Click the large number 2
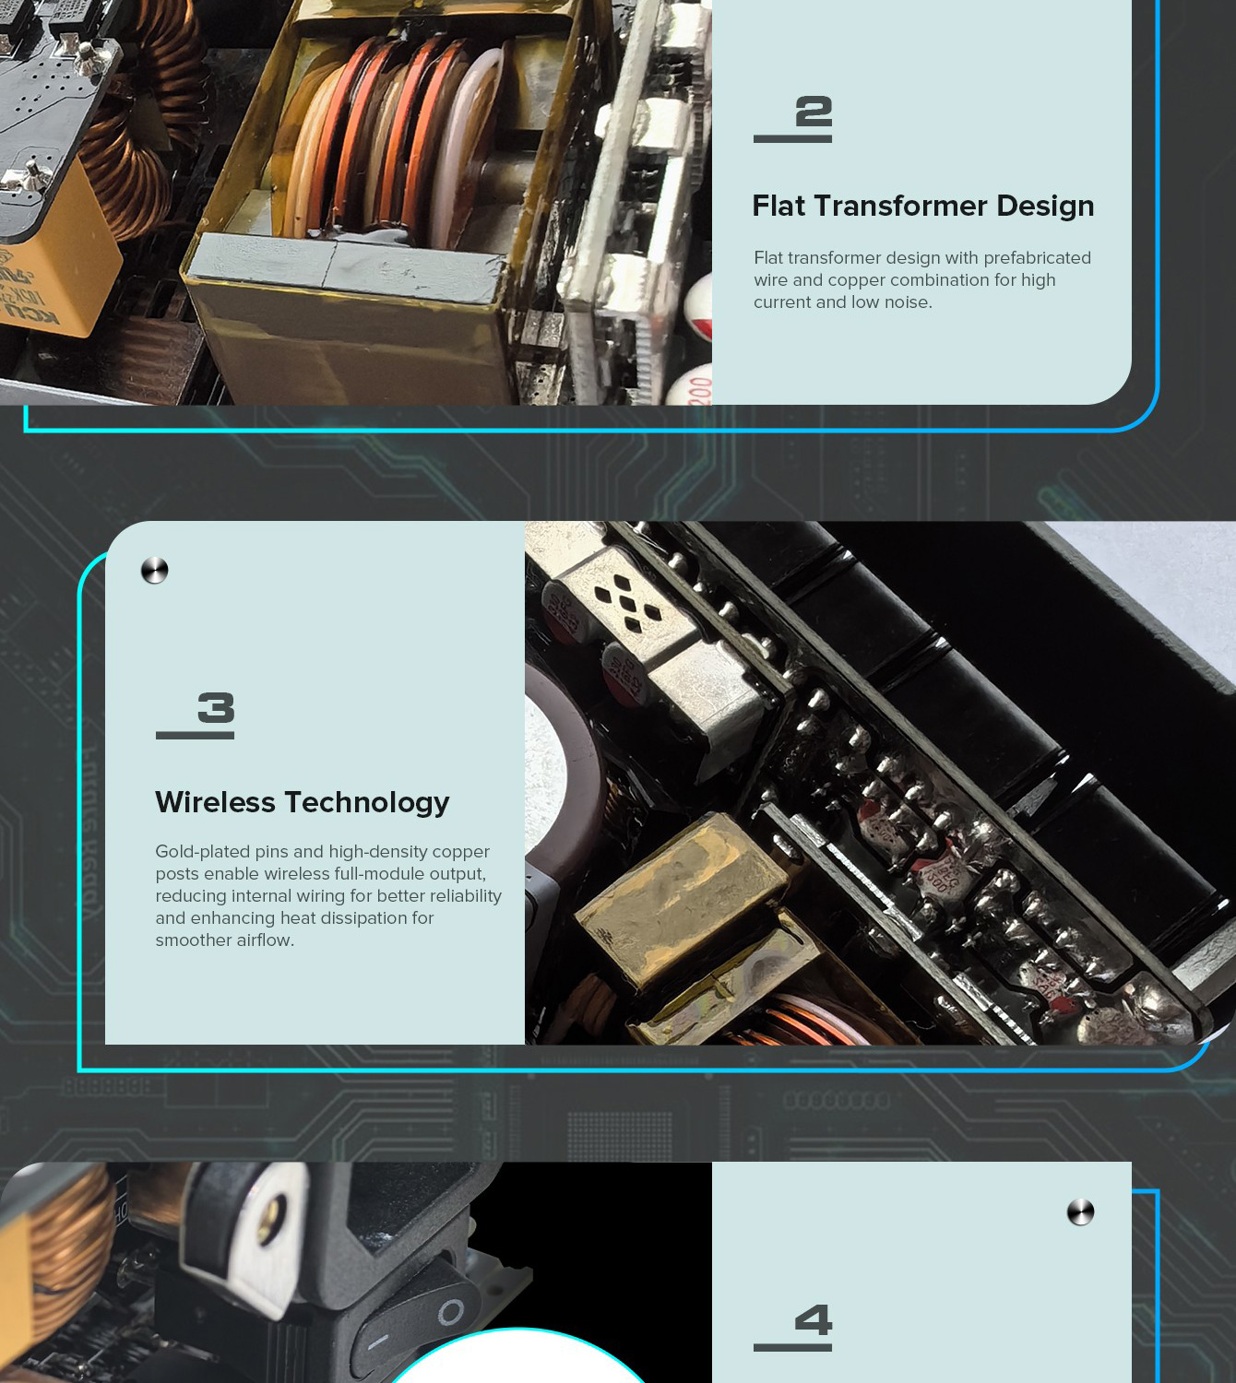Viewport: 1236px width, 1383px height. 814,112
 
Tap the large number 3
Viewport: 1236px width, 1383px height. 216,707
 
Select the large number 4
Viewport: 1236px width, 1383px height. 814,1319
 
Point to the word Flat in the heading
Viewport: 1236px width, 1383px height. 778,206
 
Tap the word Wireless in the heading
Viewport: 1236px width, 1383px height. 215,802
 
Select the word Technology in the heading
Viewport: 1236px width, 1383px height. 367,803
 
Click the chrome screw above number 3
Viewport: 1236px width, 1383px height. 154,570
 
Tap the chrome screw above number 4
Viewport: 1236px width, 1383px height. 1080,1212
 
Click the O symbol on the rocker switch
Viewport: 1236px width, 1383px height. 450,1311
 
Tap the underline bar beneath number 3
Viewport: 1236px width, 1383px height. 195,735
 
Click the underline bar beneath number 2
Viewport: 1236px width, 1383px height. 792,139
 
